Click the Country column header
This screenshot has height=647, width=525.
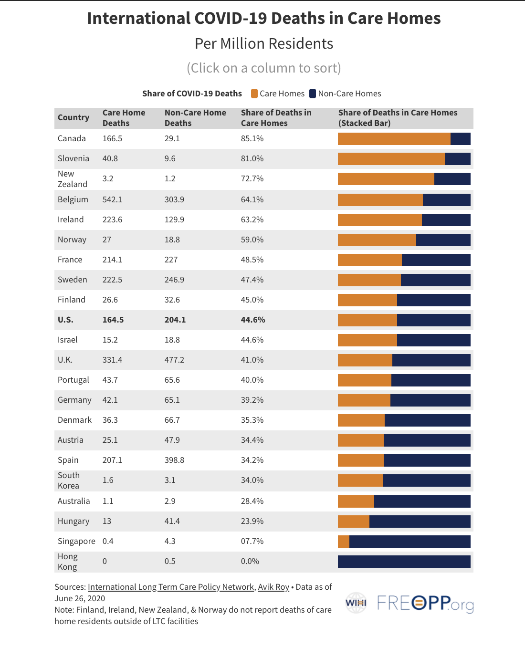coord(73,117)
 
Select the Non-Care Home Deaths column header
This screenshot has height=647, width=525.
coord(195,118)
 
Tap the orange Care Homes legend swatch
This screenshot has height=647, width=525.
coord(254,94)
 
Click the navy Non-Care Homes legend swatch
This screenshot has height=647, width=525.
coord(313,94)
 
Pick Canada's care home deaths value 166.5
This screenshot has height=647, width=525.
coord(112,138)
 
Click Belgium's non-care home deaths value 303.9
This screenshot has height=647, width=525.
coord(174,199)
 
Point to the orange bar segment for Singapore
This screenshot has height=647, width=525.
coord(344,541)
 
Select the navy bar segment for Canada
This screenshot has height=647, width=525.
coord(460,139)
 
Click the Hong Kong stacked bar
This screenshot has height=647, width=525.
coord(404,561)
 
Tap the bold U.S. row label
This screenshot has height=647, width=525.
coord(65,320)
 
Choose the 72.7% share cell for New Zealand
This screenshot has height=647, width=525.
coord(252,178)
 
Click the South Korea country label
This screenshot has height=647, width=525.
coord(69,480)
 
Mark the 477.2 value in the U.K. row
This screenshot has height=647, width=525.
coord(174,360)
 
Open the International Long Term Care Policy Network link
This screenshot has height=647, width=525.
coord(171,587)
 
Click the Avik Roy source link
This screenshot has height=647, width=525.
coord(273,587)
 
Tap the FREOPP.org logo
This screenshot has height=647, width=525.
coord(425,603)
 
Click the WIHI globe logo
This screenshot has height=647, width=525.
coord(356,603)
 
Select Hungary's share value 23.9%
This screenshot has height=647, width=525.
coord(252,521)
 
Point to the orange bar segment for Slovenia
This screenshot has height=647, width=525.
coord(391,159)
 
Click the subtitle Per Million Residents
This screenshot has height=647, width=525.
coord(264,44)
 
